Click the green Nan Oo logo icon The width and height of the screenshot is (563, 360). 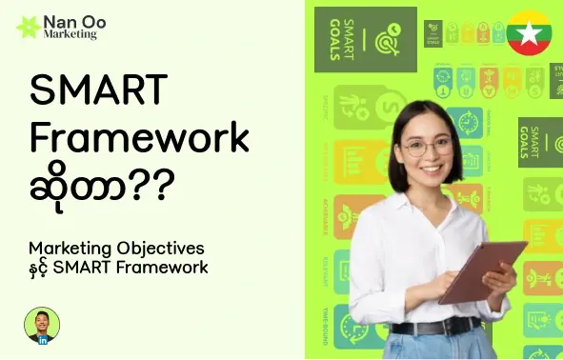click(x=27, y=27)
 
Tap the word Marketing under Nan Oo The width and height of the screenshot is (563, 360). click(x=70, y=34)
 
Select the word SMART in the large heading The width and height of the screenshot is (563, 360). click(x=98, y=91)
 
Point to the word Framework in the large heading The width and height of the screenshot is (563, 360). click(x=139, y=139)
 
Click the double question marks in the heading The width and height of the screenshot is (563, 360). click(x=151, y=184)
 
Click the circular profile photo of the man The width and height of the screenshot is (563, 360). click(x=41, y=324)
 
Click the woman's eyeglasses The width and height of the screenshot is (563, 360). click(x=428, y=147)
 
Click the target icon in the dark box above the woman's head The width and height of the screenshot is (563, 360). click(x=391, y=39)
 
